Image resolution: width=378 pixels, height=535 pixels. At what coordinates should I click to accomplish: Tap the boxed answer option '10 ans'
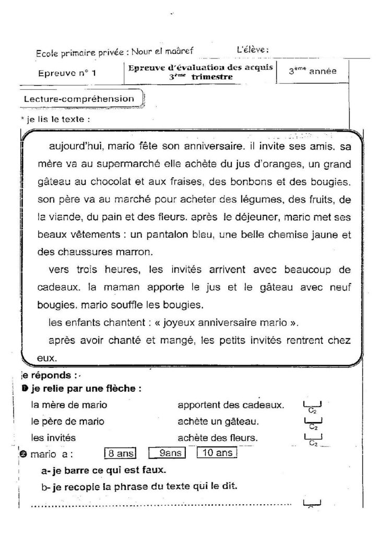click(217, 453)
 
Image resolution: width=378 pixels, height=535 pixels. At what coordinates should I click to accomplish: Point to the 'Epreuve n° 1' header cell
click(67, 74)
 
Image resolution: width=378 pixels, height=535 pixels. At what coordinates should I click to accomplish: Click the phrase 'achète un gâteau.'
click(218, 421)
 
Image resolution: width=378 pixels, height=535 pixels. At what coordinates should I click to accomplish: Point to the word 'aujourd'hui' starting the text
click(74, 146)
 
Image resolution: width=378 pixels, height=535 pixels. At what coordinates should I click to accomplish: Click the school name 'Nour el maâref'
click(162, 51)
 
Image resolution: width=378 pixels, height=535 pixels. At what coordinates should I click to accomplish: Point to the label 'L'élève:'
click(252, 50)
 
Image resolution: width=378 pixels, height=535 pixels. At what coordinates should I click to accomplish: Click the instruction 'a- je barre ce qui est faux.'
click(103, 470)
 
